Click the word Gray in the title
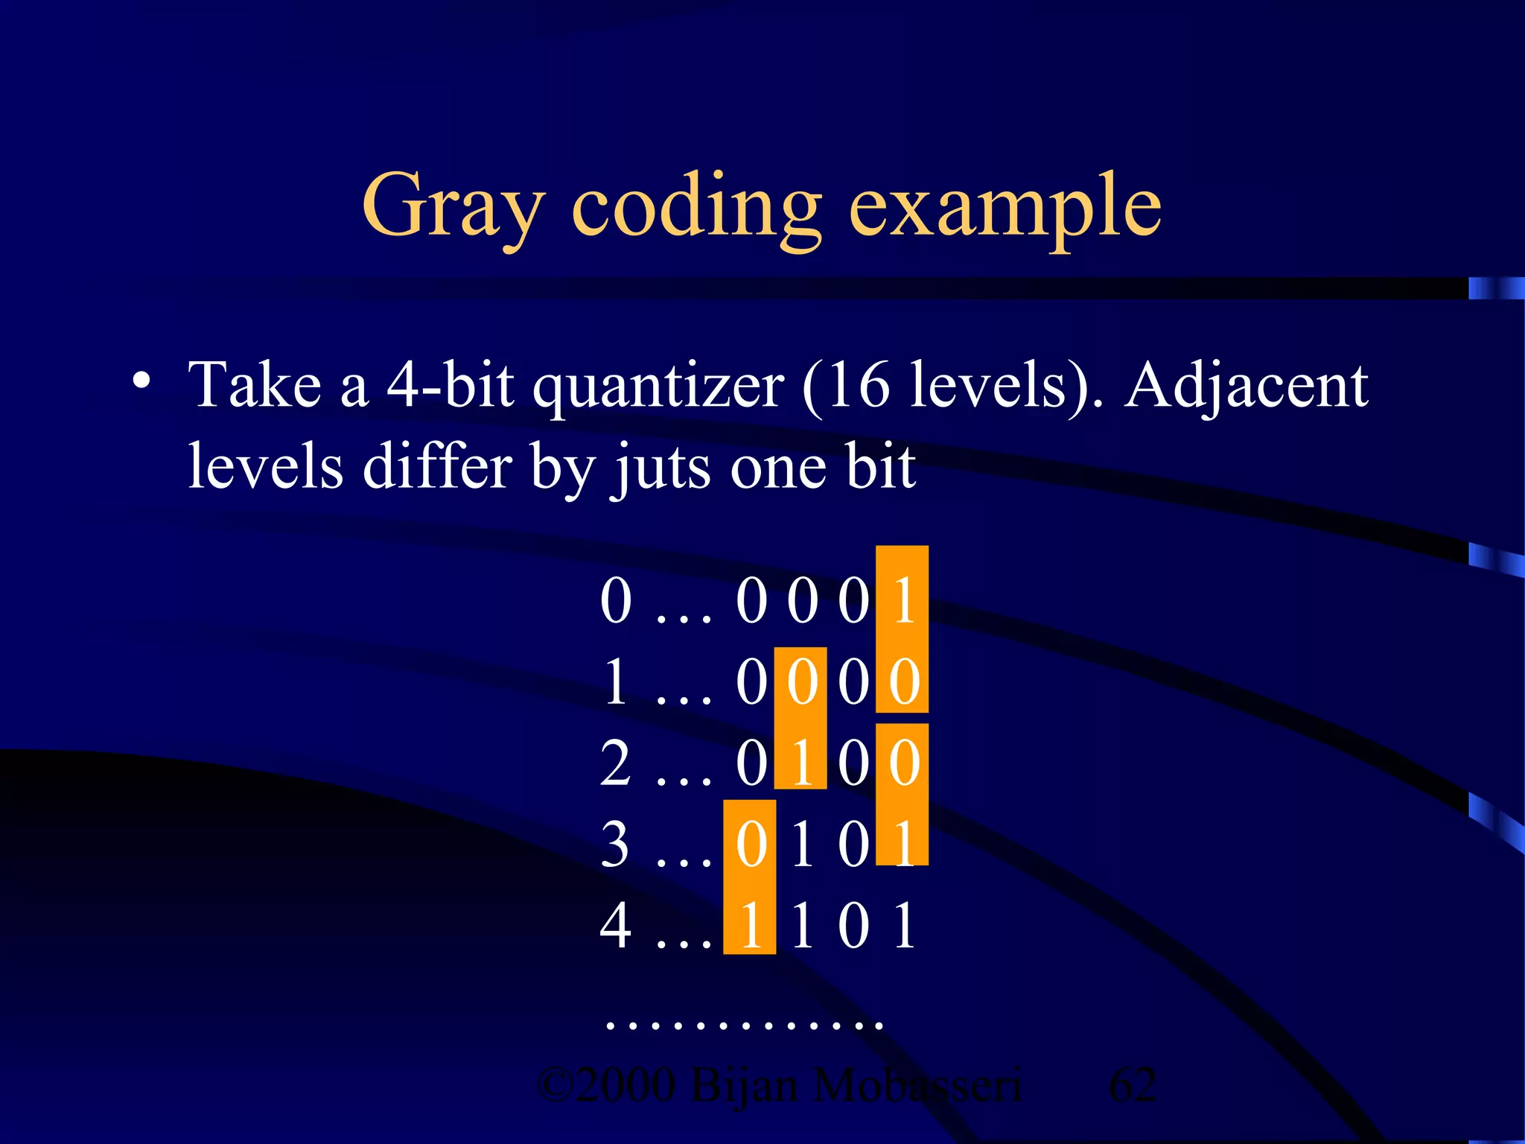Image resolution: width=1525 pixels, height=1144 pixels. pos(452,206)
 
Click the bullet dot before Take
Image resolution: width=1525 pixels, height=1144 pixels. pos(140,381)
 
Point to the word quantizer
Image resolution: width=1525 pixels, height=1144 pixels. pos(658,387)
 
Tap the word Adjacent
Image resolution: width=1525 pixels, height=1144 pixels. pos(1246,386)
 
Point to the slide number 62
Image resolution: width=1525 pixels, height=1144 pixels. pos(1132,1084)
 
